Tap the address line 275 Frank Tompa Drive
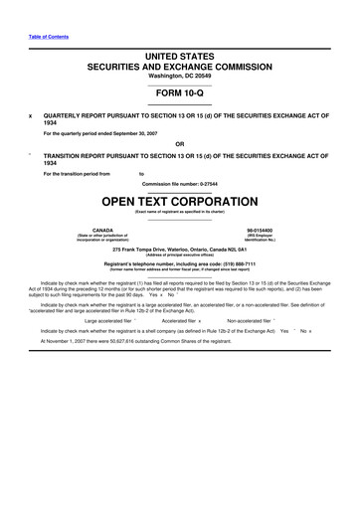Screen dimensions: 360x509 (180, 248)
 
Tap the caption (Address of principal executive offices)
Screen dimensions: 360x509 (180, 254)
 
